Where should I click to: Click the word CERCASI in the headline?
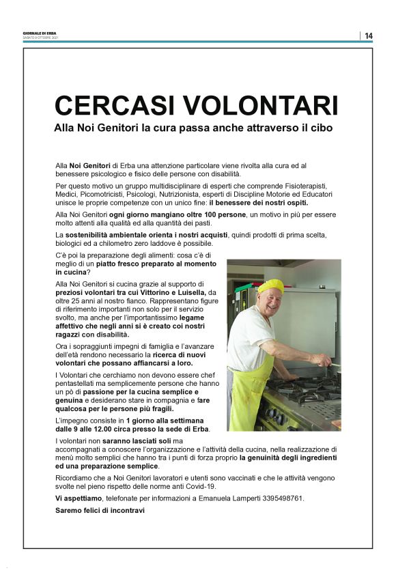point(112,106)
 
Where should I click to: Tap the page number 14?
point(369,36)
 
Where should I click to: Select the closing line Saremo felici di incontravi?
point(100,511)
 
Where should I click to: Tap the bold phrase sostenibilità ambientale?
point(110,235)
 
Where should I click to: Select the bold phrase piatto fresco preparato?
point(136,263)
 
